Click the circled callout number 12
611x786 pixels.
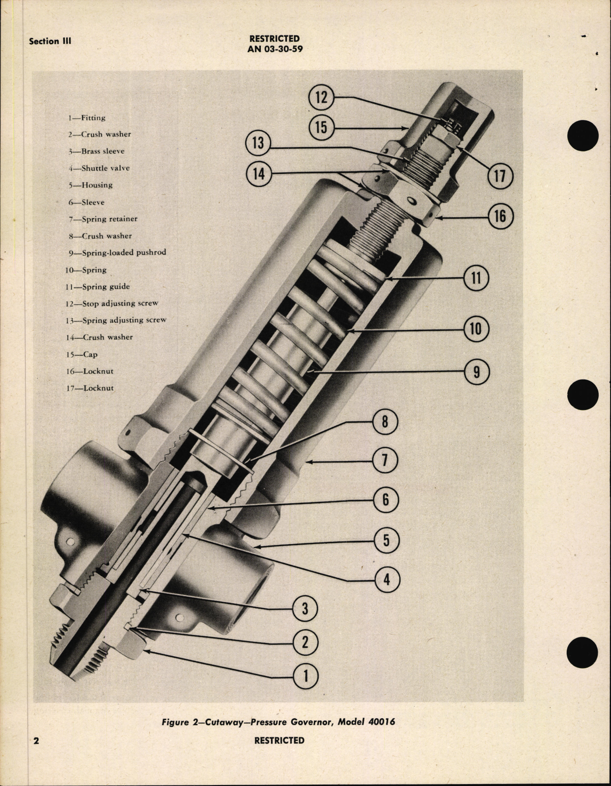(x=321, y=97)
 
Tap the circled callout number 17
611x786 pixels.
(x=500, y=175)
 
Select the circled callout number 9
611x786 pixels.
(x=476, y=372)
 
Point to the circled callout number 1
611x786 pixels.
(x=305, y=676)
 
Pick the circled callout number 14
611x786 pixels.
(x=258, y=174)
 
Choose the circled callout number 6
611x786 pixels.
(x=386, y=499)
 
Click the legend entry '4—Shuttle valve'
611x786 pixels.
(x=99, y=168)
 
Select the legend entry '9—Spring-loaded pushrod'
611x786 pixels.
(x=116, y=253)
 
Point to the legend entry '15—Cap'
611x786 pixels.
(x=82, y=354)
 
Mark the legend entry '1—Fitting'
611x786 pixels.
(x=87, y=118)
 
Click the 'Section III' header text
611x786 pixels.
(x=50, y=41)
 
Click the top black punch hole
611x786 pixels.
(x=583, y=134)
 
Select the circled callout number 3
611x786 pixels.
(x=305, y=608)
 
